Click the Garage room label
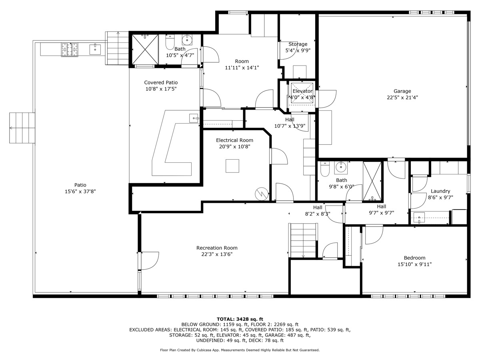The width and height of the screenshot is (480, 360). tap(402, 91)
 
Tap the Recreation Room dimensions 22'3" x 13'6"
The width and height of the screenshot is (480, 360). tap(217, 254)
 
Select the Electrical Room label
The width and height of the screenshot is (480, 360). tap(234, 140)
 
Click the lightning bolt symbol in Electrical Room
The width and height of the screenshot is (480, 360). tap(261, 194)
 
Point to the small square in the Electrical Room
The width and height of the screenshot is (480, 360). tap(232, 166)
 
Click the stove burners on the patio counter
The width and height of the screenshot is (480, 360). tap(70, 49)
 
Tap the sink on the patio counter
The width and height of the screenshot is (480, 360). tap(95, 49)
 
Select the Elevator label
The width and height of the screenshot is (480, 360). tap(302, 91)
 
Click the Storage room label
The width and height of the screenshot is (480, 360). tap(298, 44)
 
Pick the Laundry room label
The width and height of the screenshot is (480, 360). tap(440, 191)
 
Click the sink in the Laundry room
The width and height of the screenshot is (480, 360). tap(419, 218)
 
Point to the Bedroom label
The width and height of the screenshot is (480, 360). tap(414, 258)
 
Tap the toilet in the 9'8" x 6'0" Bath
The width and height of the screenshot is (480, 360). tap(324, 170)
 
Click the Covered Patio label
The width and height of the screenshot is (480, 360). tap(161, 82)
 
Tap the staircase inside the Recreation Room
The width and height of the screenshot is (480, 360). tap(303, 240)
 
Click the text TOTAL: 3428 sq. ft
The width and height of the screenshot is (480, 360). tap(240, 319)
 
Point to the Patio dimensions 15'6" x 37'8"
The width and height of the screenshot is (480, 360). tap(80, 192)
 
